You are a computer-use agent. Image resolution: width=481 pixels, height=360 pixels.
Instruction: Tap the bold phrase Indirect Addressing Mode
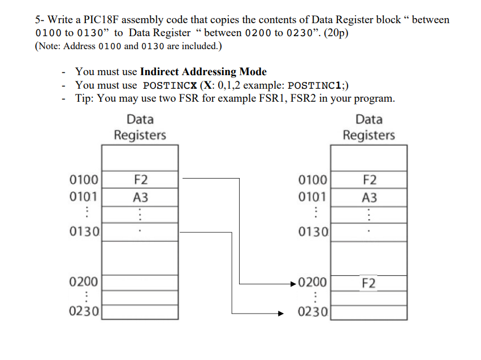point(203,72)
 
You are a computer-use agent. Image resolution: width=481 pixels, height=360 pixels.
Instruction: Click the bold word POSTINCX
point(166,85)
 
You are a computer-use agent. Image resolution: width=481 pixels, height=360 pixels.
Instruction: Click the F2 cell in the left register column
point(140,180)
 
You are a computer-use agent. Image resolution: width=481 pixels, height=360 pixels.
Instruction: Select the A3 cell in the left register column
point(140,198)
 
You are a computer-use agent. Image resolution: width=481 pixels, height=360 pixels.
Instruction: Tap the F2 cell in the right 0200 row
point(369,283)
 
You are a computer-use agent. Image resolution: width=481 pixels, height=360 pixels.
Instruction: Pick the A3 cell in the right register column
point(369,198)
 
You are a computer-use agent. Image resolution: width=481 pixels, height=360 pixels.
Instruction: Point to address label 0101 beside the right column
point(313,198)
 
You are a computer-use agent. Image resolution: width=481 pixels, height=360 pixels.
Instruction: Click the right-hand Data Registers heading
point(369,127)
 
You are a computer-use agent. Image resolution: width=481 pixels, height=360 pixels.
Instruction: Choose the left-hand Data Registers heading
point(140,127)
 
